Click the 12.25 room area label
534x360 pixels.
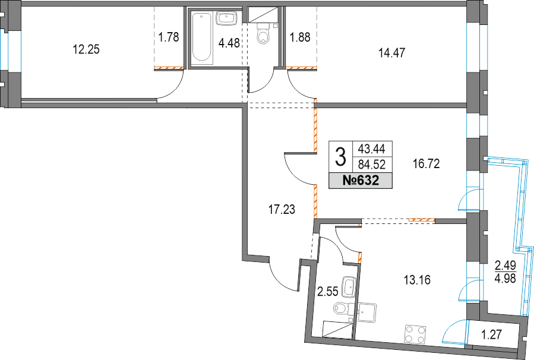(86, 50)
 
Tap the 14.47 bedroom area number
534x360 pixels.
(392, 53)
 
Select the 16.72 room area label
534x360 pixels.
(426, 164)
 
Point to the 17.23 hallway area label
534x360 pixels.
(282, 210)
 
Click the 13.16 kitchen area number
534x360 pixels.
(417, 280)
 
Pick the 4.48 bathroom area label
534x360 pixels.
(229, 43)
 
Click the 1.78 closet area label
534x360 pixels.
(169, 37)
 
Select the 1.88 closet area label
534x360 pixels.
(300, 37)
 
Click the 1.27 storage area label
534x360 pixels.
(492, 335)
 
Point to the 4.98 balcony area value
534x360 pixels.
(505, 279)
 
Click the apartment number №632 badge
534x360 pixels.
(361, 180)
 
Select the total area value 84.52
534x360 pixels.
(372, 165)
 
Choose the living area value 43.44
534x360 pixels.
(372, 149)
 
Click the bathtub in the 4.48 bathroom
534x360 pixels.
(203, 38)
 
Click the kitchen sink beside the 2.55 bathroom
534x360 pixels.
(367, 312)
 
